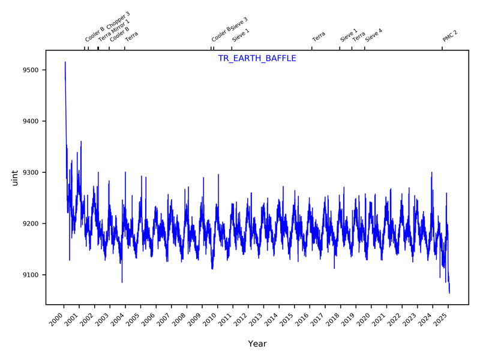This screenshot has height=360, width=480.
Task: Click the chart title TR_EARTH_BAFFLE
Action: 257,59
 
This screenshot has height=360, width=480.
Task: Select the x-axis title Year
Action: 257,344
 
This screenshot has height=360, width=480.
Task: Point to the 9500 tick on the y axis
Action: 30,70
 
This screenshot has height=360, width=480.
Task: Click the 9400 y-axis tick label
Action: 30,121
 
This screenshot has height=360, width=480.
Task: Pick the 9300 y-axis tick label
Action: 30,173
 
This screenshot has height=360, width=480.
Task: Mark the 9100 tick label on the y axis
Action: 30,275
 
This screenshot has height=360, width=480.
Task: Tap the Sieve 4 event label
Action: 373,34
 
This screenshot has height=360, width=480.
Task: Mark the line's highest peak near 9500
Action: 65,62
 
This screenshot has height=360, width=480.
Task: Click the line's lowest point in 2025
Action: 449,292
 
